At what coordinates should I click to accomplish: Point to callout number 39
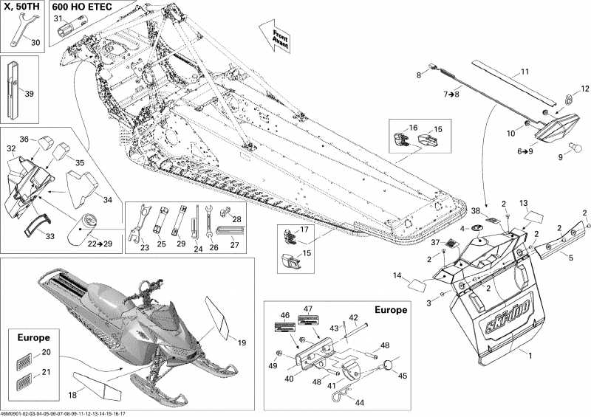tap(29, 94)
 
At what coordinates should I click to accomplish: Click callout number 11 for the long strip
tap(525, 72)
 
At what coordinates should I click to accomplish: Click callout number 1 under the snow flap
tap(528, 356)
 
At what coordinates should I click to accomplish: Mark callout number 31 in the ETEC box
tap(58, 18)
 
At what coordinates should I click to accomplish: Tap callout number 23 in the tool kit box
tap(144, 248)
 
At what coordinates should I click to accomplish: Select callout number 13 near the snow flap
tap(522, 203)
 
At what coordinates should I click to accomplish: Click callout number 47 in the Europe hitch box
tap(309, 309)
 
